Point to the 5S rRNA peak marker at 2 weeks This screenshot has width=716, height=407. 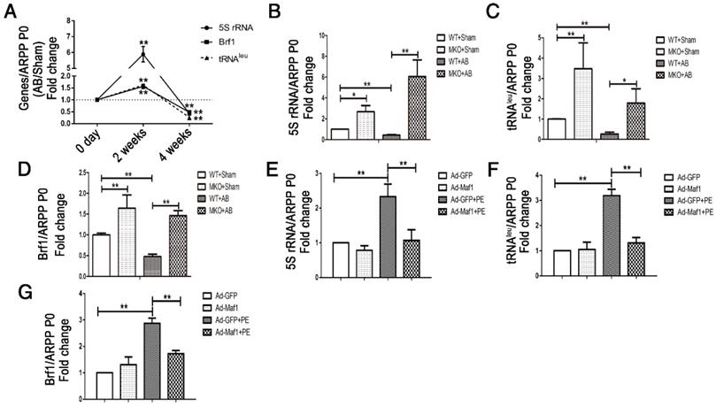[144, 55]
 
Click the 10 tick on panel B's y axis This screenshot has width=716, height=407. [321, 35]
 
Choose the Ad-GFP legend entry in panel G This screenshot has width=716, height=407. [221, 295]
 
